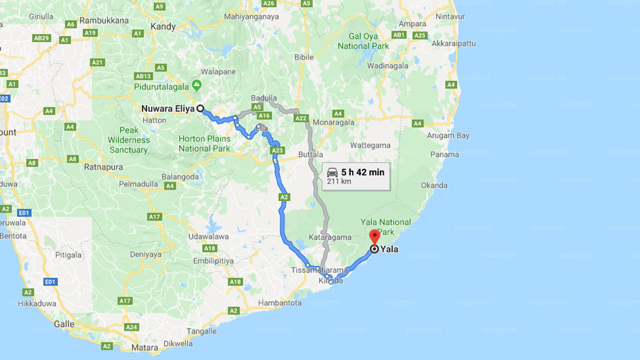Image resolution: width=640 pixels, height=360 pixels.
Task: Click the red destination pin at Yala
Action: tap(374, 236)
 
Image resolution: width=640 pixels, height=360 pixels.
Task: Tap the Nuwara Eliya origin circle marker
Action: tap(200, 108)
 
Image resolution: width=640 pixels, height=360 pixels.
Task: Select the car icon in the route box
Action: tap(332, 172)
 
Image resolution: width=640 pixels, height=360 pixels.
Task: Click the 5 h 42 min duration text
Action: tap(362, 172)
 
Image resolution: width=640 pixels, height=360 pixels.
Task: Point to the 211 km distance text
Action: tap(339, 181)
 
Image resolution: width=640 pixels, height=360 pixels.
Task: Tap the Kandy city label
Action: tap(163, 26)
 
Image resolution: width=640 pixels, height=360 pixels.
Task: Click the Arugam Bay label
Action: tap(448, 135)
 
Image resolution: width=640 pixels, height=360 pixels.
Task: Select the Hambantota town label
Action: tap(279, 303)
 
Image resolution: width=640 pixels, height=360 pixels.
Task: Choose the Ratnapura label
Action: tap(103, 167)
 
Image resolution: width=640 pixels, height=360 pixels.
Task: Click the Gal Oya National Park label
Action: tap(363, 41)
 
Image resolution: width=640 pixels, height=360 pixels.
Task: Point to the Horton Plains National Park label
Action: tap(204, 143)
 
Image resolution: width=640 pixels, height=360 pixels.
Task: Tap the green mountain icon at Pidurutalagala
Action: tap(197, 84)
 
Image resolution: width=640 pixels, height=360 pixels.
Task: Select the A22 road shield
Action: tap(300, 118)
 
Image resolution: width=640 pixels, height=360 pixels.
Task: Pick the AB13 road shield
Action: tap(143, 76)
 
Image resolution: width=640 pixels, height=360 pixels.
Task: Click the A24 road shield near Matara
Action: tap(131, 327)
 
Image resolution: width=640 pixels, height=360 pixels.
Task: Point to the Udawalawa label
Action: tap(208, 236)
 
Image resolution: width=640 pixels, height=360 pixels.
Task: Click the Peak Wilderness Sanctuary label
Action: tap(128, 140)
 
